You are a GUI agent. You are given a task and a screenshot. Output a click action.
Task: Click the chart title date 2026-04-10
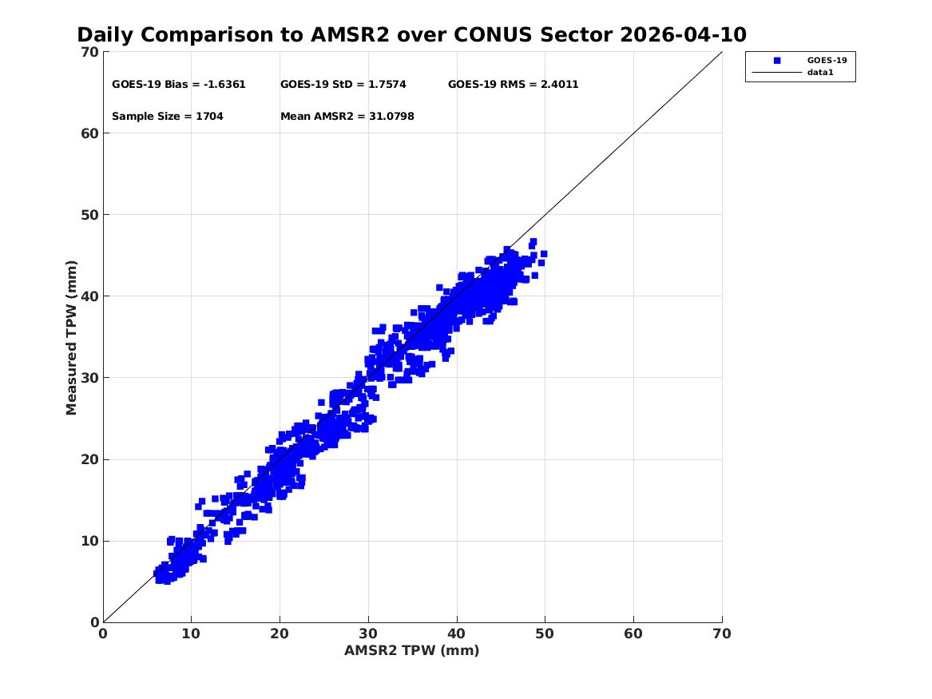click(x=683, y=35)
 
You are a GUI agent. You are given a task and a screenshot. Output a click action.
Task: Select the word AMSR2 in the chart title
click(x=350, y=35)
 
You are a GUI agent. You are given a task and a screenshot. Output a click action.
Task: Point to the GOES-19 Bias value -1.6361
click(x=224, y=85)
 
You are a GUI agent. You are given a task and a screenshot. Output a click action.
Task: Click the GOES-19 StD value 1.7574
click(x=387, y=85)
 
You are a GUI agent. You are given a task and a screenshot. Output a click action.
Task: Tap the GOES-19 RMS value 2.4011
click(x=559, y=85)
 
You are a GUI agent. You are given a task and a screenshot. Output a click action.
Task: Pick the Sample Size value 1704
click(x=210, y=117)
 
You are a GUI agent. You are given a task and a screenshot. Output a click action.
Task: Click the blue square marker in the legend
click(x=777, y=61)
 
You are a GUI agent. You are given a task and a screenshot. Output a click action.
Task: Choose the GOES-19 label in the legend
click(x=827, y=60)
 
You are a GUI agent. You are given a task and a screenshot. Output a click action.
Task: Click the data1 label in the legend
click(x=820, y=73)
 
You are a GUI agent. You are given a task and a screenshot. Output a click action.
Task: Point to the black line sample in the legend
click(x=777, y=73)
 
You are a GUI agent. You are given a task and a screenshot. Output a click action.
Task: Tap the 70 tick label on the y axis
click(x=89, y=52)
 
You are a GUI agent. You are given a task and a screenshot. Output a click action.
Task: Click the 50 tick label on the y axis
click(x=89, y=215)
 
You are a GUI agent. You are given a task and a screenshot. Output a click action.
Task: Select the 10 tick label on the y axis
click(x=89, y=541)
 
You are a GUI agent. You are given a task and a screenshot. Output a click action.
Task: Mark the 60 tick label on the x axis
click(x=633, y=633)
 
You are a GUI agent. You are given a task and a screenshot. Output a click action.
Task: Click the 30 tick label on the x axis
click(x=368, y=633)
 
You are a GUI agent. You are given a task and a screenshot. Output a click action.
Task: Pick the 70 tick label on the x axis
click(x=722, y=633)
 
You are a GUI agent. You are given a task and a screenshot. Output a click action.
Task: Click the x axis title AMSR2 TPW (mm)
click(x=412, y=651)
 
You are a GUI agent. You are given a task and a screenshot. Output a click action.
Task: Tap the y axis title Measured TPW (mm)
click(x=71, y=338)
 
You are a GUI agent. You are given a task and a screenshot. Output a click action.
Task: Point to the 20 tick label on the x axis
click(x=280, y=633)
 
